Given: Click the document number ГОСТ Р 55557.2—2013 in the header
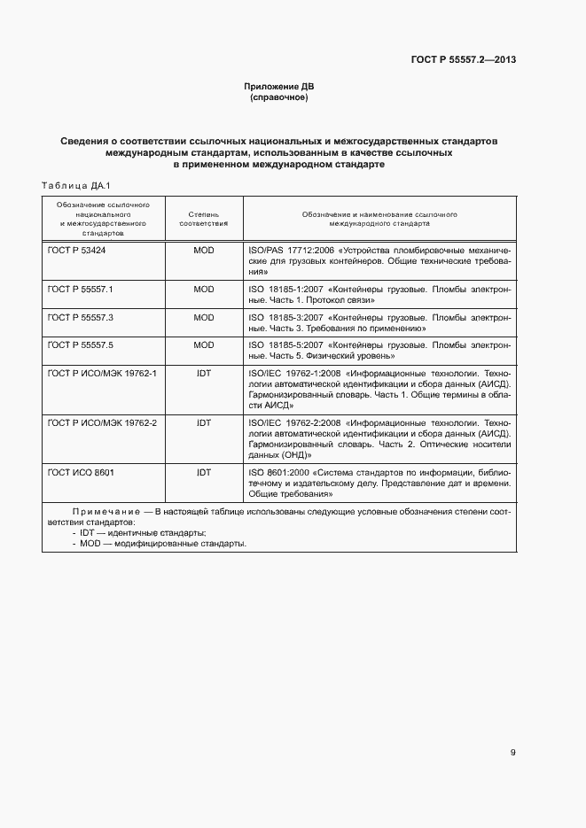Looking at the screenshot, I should (x=464, y=60).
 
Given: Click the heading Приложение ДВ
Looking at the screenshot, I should (x=279, y=87).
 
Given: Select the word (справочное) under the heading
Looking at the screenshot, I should (x=279, y=97).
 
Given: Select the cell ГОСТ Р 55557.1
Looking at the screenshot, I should (x=74, y=290).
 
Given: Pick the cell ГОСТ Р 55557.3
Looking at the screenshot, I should (x=74, y=317).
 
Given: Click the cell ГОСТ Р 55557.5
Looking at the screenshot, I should (x=74, y=344).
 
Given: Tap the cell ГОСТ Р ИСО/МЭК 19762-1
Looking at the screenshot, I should (x=101, y=372).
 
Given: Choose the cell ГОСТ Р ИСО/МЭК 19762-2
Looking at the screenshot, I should (x=101, y=422).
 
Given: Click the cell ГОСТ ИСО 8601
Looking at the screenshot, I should (x=81, y=473).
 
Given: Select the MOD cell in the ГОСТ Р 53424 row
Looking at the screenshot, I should (x=203, y=251).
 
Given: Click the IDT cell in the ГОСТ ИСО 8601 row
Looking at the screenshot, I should (x=203, y=473).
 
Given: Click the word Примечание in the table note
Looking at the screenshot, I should (x=104, y=512).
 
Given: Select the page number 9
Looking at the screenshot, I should (x=512, y=753).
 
